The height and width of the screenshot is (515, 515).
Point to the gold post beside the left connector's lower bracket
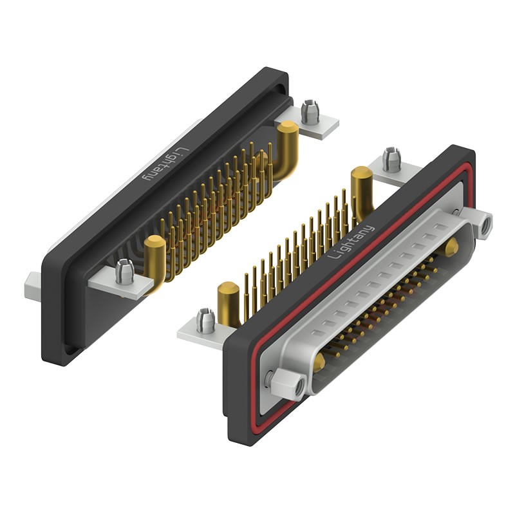point(155,257)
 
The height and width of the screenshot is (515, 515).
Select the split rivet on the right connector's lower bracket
point(206,320)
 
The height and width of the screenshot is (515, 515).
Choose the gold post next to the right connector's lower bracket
point(229,303)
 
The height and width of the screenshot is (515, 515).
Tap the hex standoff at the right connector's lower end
point(287,386)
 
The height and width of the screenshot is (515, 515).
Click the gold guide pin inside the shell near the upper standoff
point(452,245)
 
